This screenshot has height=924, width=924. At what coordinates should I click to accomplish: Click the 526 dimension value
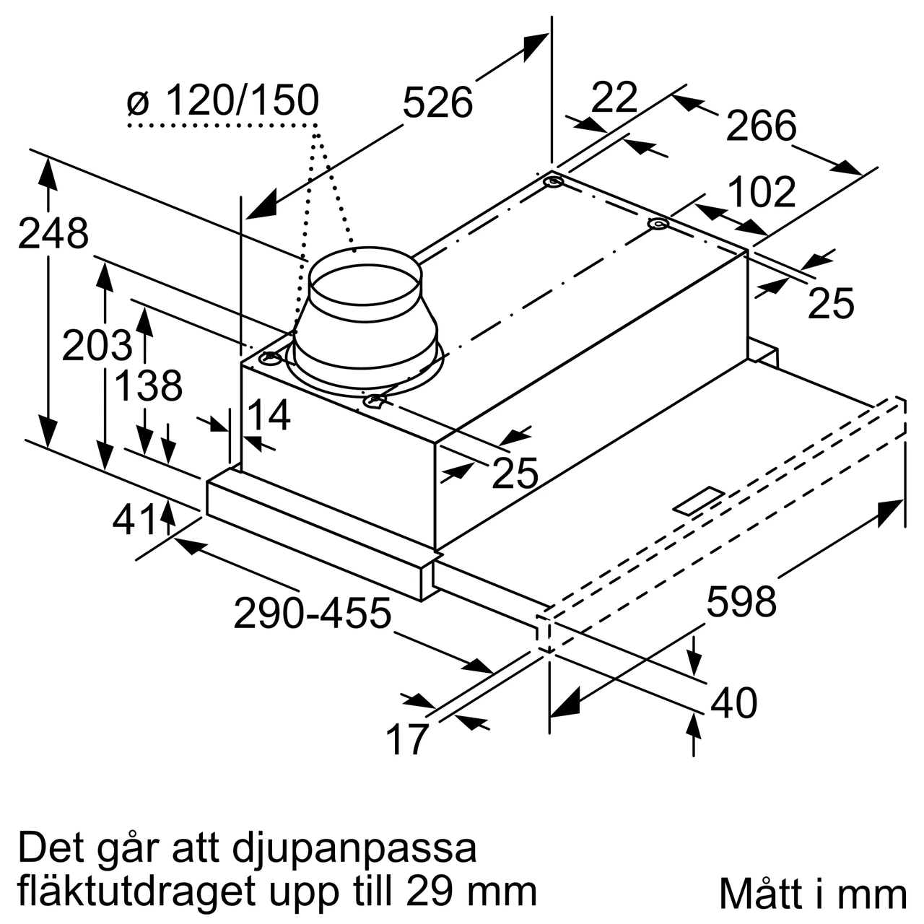pos(437,102)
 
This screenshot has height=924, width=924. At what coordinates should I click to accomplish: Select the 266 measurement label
pos(761,126)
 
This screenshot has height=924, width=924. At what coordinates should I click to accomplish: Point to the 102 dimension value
pos(761,192)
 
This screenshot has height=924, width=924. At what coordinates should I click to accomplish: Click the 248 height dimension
pos(53,234)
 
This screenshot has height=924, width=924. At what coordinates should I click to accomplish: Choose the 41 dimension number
pos(135,519)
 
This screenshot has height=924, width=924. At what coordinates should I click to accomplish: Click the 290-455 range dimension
pos(312,614)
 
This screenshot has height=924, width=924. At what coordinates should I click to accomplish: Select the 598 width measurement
pos(741,601)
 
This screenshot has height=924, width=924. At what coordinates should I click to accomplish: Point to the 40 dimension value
pos(733,702)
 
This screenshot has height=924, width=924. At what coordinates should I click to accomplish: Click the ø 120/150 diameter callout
pos(222,101)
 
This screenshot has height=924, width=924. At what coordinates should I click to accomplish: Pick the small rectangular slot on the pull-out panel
pos(698,501)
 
